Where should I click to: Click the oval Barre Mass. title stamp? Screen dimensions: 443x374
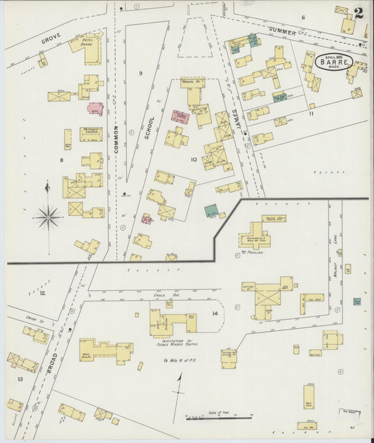click(334, 61)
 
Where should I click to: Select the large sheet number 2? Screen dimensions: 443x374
click(359, 13)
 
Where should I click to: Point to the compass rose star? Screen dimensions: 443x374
click(48, 217)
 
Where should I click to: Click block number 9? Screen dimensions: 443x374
click(140, 73)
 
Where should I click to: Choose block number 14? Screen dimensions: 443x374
click(215, 313)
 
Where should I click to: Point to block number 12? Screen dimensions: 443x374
click(42, 292)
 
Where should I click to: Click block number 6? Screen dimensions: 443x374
click(303, 17)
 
